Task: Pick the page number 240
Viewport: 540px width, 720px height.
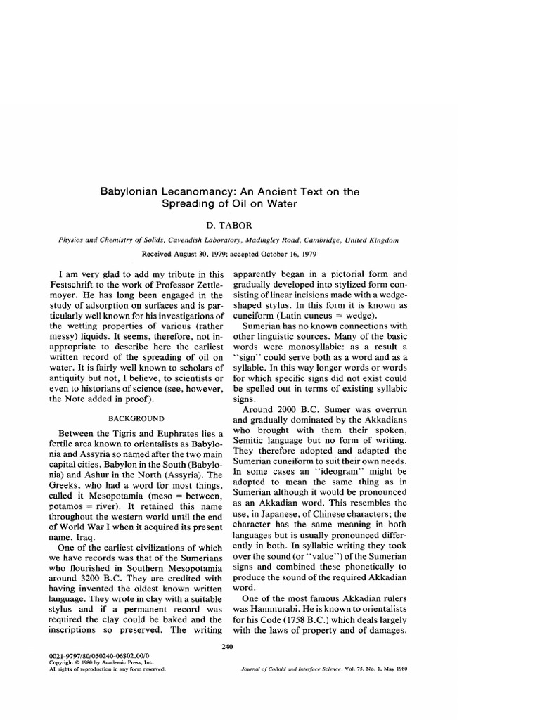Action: point(226,645)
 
